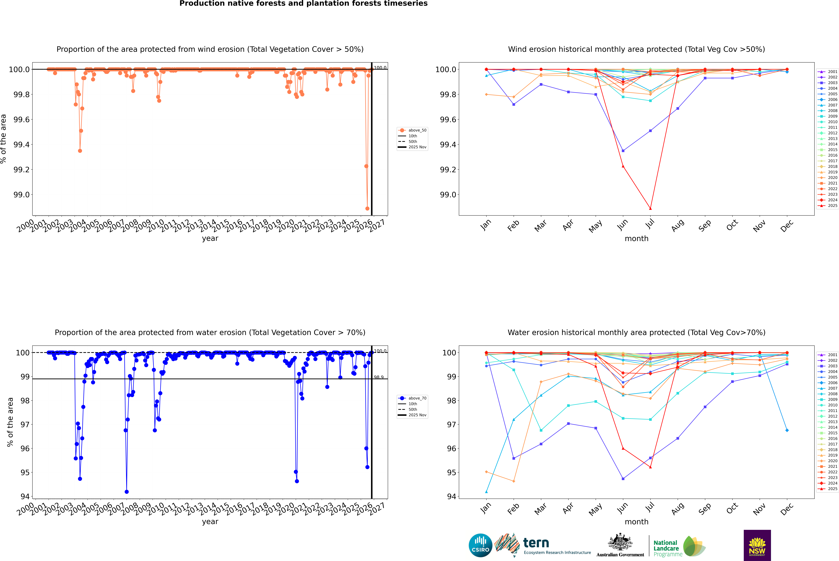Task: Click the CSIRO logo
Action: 480,545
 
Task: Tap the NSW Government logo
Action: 757,545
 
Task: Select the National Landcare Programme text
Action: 666,548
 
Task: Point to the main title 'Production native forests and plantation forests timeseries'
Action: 303,4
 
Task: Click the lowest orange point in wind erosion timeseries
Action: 367,209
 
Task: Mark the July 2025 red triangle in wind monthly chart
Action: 650,209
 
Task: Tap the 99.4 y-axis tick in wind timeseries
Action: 21,145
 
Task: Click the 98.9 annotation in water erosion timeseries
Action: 379,377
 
